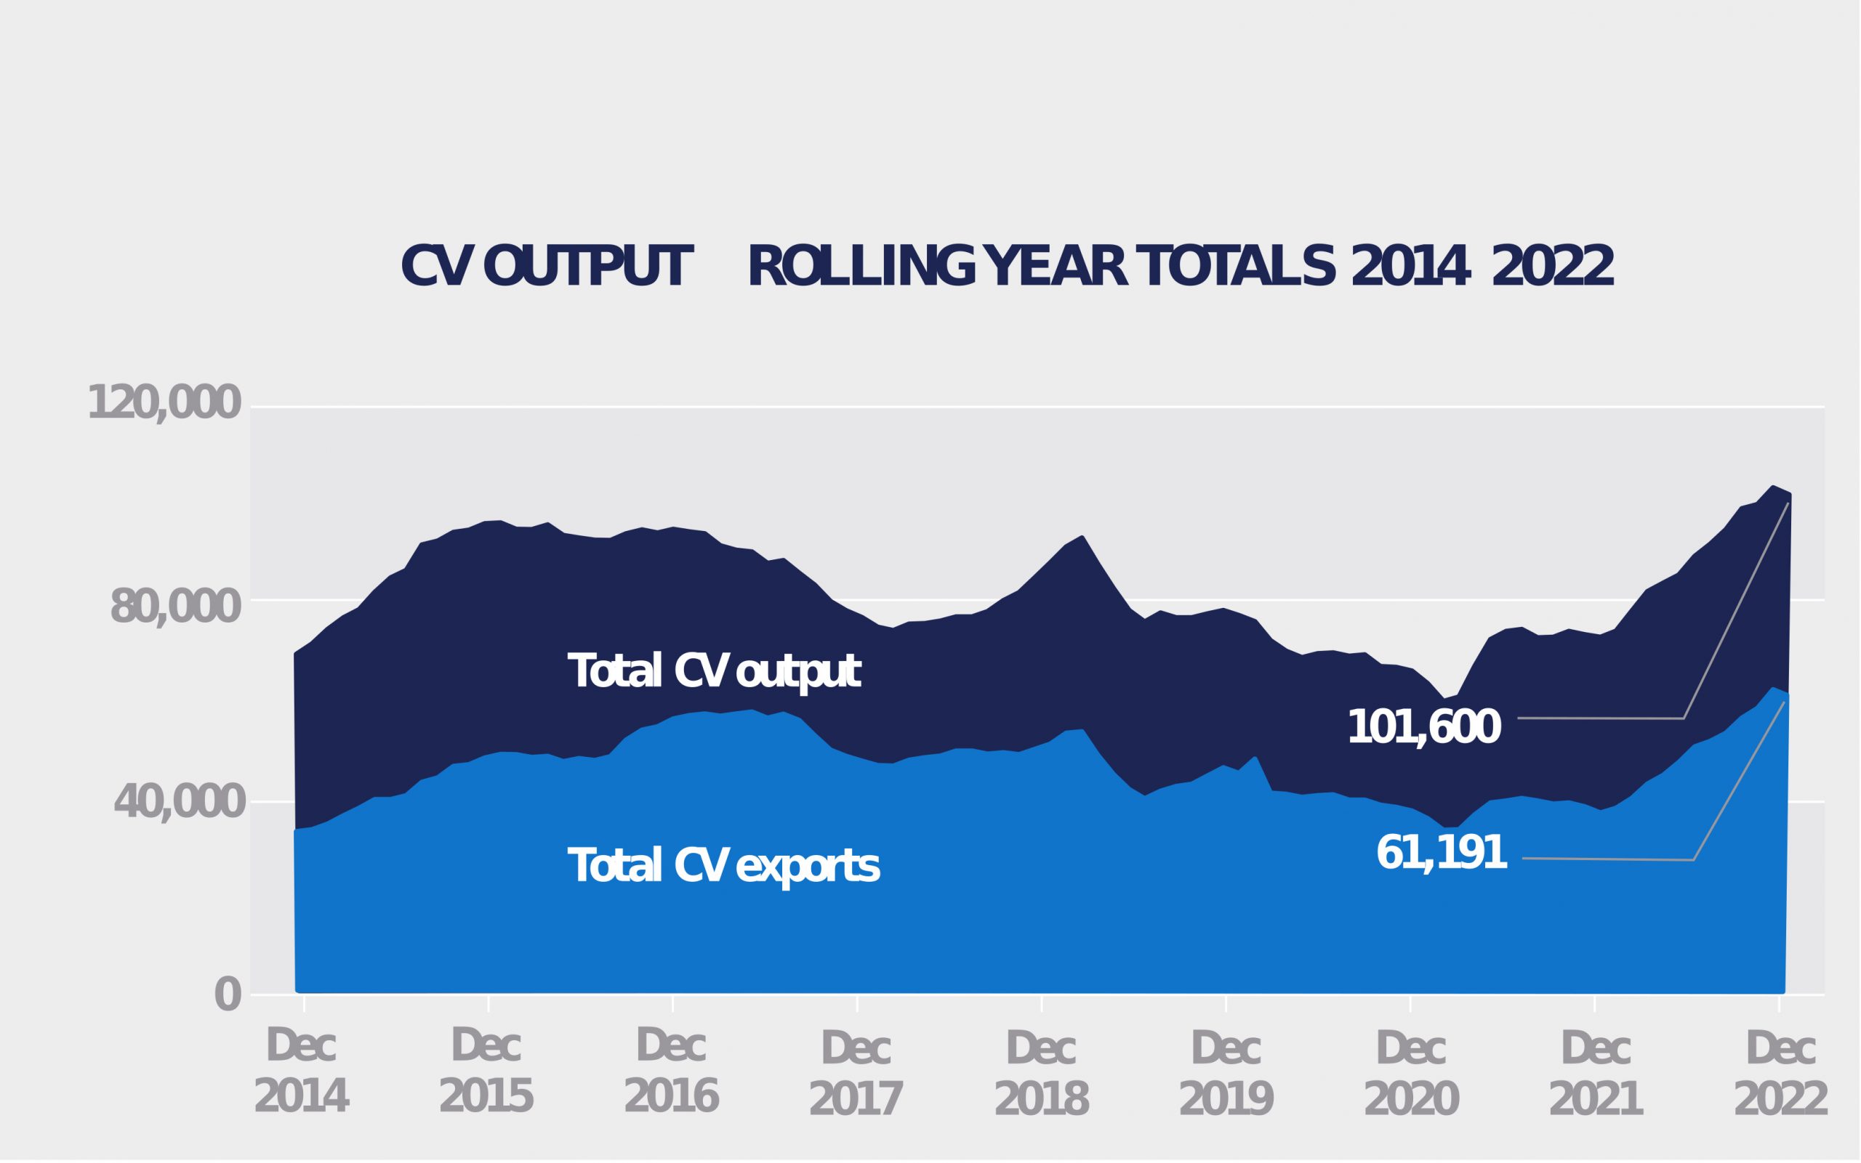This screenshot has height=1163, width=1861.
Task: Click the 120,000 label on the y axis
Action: [165, 402]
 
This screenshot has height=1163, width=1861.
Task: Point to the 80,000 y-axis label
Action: [176, 608]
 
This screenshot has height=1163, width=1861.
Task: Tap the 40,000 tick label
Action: [180, 802]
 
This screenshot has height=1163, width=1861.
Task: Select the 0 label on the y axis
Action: [228, 995]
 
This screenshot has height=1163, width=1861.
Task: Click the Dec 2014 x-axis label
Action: [301, 1071]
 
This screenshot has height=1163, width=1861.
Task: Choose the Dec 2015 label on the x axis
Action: [486, 1071]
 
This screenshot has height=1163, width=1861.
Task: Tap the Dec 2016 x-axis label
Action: [671, 1071]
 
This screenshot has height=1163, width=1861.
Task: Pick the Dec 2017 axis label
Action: [856, 1074]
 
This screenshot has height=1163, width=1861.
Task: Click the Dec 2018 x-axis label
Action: [1041, 1074]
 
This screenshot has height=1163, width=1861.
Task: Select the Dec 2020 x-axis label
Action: [1411, 1074]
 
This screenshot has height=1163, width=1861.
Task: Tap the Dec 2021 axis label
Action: [1596, 1074]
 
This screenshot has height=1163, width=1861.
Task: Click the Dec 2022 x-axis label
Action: [1780, 1074]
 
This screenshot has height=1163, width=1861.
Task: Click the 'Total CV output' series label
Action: [713, 671]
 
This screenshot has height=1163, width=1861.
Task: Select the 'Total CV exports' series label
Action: [723, 866]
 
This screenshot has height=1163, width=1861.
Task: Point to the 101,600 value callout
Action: [1424, 727]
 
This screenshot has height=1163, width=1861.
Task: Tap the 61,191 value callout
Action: [1441, 853]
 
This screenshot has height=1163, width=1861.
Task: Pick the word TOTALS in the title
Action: [1236, 267]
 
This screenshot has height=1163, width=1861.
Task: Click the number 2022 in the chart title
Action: [1552, 267]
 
